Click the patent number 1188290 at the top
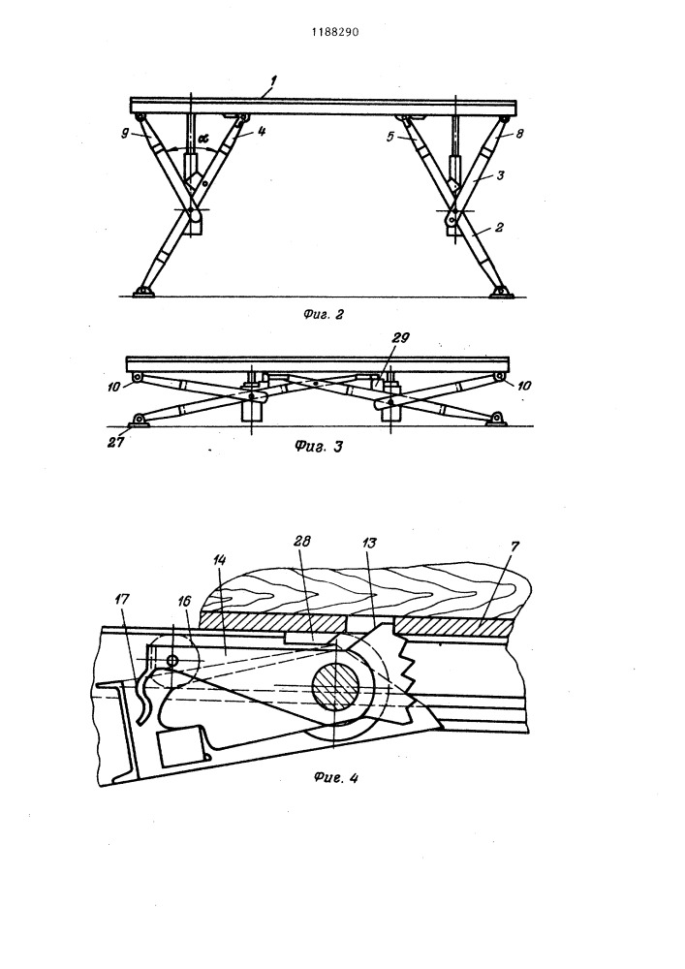[335, 32]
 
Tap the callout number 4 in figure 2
[262, 131]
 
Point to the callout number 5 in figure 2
[389, 137]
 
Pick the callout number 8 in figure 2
[519, 133]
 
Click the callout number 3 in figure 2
[500, 175]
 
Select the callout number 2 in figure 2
[498, 228]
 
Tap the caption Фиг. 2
[323, 315]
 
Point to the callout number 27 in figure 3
[115, 443]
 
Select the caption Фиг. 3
[318, 446]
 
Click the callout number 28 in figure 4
[303, 541]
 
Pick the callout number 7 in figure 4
[515, 547]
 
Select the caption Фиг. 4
[336, 778]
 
